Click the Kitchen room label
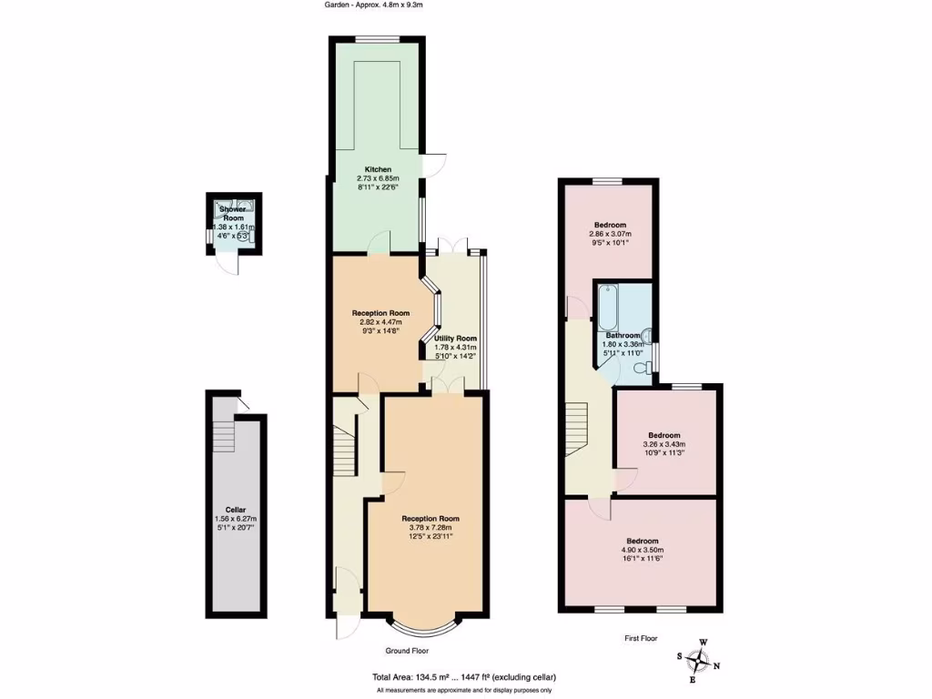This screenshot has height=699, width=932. click(x=378, y=169)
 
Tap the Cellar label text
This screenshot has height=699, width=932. click(x=236, y=510)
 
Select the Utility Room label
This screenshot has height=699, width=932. click(x=455, y=338)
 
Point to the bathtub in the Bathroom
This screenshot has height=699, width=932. click(x=607, y=308)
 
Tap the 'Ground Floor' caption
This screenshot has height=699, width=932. click(x=407, y=651)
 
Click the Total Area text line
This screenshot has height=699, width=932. click(x=463, y=677)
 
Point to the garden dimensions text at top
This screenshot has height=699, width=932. click(x=374, y=5)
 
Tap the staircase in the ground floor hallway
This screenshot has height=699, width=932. click(x=344, y=451)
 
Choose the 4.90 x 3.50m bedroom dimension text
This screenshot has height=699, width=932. click(x=643, y=550)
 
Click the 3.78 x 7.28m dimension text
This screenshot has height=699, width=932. click(x=427, y=527)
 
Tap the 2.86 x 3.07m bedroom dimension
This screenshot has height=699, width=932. click(x=609, y=234)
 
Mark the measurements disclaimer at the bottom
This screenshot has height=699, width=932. click(x=464, y=691)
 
